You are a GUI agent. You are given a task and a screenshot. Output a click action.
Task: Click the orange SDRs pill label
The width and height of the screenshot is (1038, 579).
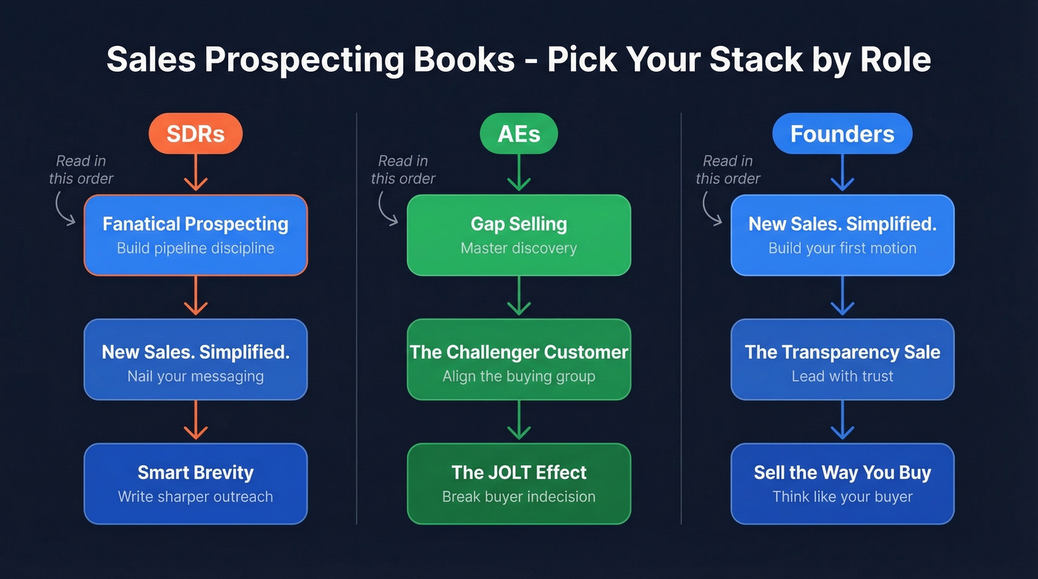195,134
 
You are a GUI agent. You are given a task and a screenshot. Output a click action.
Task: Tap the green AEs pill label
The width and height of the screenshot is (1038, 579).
518,134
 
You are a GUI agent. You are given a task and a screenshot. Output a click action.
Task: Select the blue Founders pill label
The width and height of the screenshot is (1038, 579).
842,134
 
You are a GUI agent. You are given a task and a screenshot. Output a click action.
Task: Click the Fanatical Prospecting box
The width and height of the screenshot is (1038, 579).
195,235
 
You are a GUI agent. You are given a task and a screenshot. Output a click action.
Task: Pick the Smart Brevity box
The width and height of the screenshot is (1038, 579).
195,483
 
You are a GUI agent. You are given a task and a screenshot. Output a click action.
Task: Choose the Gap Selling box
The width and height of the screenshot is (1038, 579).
518,235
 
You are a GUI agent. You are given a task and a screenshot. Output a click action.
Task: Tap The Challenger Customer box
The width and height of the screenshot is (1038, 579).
518,360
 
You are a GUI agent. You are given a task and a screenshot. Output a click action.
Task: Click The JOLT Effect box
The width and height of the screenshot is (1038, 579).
518,483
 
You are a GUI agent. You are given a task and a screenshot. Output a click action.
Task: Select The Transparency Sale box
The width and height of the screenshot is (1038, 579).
842,360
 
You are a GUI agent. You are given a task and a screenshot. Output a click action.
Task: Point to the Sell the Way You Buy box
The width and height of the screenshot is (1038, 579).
842,483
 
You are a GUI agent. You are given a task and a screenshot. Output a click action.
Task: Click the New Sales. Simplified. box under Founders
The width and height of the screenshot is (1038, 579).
842,235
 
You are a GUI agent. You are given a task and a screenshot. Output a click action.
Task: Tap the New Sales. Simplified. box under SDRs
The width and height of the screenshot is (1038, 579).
195,360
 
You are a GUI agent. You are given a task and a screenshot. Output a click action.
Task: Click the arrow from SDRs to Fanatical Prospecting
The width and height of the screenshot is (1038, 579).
195,174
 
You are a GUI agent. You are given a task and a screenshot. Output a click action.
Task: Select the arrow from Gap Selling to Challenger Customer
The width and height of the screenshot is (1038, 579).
518,297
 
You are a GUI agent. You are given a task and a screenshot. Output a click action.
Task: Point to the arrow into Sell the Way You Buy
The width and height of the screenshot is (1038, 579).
842,421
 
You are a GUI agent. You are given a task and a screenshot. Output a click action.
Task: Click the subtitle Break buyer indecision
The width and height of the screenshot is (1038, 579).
518,497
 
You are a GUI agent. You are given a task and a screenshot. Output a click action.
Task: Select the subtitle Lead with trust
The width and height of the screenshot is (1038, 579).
842,376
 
